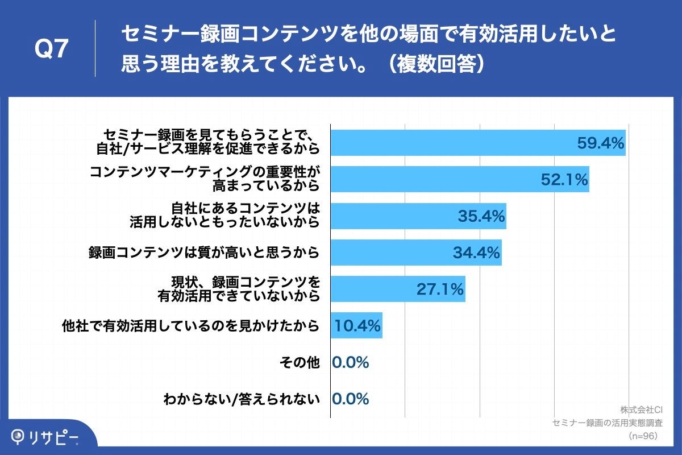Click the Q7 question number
point(52,49)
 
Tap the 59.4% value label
point(601,143)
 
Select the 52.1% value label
point(563,180)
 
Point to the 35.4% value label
point(481,216)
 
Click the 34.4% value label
point(476,253)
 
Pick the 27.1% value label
point(440,289)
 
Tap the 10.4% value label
point(357,326)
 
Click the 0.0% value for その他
point(351,362)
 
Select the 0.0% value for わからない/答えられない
point(351,399)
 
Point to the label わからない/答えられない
point(242,399)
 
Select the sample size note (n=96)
point(642,436)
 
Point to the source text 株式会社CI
point(642,409)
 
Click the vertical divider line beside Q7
point(95,49)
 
